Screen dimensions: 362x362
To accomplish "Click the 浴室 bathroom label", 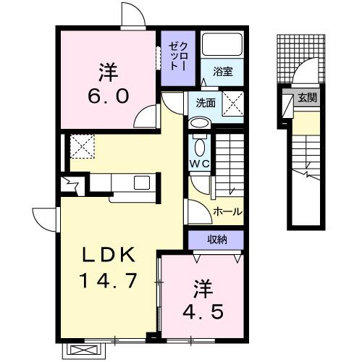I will [x=222, y=72].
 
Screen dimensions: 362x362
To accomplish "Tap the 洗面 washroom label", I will [x=206, y=103].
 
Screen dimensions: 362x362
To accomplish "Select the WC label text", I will [x=200, y=164].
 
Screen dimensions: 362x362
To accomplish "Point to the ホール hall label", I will [x=227, y=211].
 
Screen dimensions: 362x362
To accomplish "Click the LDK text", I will [x=109, y=256].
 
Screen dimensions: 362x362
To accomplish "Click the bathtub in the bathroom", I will [x=222, y=46].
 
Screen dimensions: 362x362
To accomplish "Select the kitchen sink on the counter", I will [x=140, y=182].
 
